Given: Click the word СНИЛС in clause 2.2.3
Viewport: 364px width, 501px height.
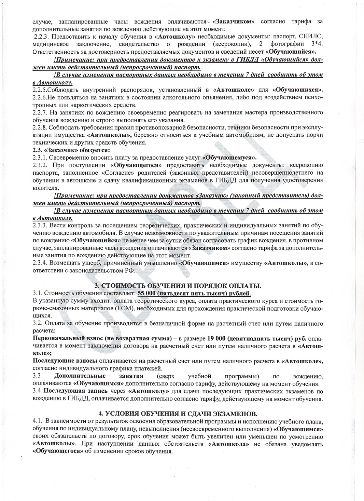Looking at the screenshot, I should point(309,37).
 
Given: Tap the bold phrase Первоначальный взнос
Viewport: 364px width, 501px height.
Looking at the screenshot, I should point(61,338).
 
